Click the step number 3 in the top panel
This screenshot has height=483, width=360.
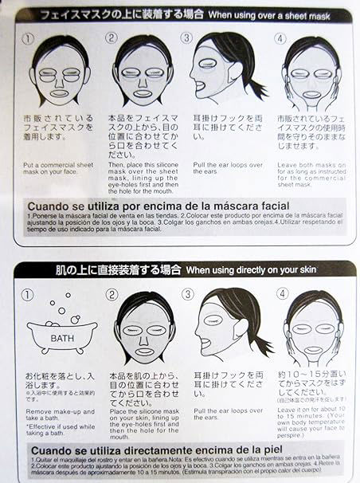[185, 37]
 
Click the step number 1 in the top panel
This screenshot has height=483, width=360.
[28, 37]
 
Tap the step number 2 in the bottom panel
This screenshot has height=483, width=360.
[112, 294]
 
